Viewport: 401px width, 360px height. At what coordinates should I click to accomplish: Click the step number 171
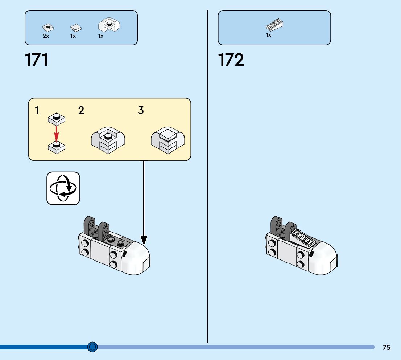click(37, 60)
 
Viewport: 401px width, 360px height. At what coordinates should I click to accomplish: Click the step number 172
click(231, 60)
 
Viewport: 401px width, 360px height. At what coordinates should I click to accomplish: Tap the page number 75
click(386, 347)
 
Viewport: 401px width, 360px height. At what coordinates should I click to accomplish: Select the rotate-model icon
click(63, 188)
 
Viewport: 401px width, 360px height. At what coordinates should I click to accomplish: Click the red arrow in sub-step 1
click(56, 132)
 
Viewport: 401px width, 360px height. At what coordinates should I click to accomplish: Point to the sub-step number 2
click(81, 110)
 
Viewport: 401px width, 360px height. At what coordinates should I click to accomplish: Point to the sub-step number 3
click(141, 110)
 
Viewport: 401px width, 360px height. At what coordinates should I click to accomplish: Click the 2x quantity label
click(46, 36)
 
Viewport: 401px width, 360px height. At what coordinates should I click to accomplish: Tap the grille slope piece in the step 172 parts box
click(274, 25)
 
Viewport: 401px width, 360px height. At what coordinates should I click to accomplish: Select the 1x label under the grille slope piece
click(269, 35)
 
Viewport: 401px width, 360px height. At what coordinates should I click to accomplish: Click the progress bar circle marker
click(92, 347)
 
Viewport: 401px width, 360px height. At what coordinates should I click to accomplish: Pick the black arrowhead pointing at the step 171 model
click(144, 240)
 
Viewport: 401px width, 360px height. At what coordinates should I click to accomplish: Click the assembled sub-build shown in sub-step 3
click(168, 141)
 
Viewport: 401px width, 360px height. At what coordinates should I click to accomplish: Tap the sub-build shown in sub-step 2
click(107, 141)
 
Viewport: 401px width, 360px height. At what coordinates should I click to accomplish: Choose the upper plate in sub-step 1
click(56, 119)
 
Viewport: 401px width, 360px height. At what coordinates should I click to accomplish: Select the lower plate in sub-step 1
click(56, 146)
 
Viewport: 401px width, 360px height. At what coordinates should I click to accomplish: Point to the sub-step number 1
click(37, 110)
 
